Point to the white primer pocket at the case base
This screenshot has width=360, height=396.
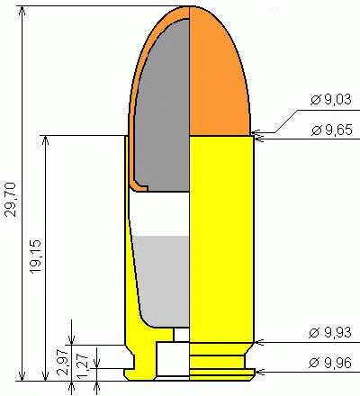173,360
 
